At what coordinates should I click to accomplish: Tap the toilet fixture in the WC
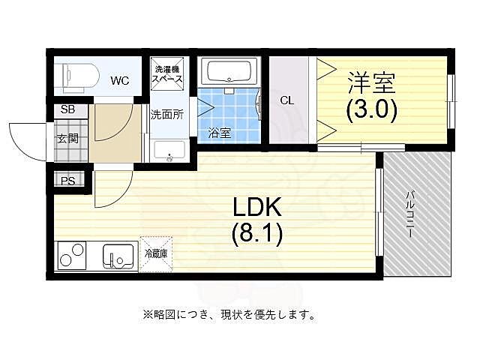[x=78, y=75]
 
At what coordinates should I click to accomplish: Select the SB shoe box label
[x=67, y=109]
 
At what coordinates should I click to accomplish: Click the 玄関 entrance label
[x=67, y=138]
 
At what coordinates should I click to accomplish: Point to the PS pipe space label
[x=67, y=180]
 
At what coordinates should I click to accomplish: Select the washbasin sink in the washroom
[x=169, y=150]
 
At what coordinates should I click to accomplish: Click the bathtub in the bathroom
[x=231, y=73]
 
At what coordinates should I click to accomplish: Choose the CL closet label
[x=286, y=100]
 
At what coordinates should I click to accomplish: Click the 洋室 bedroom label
[x=370, y=79]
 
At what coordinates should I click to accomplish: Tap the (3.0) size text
[x=370, y=110]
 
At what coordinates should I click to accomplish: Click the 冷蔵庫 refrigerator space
[x=157, y=253]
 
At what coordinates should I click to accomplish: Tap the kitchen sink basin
[x=118, y=256]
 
